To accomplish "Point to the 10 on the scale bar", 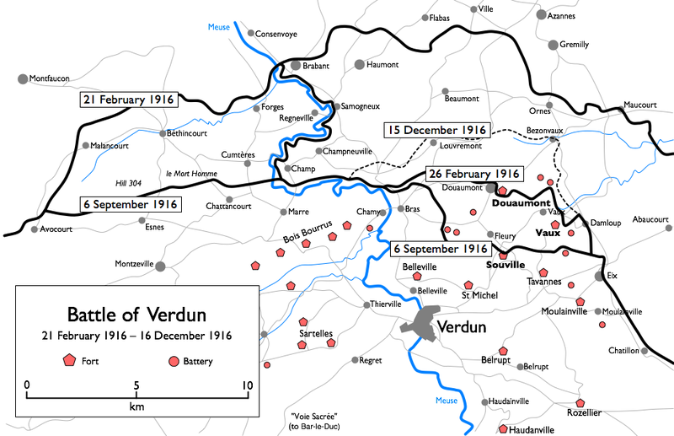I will [246, 385].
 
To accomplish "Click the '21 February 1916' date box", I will [127, 100].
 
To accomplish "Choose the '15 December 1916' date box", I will [436, 130].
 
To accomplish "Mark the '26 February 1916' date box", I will [474, 174].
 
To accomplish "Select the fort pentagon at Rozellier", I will [580, 403].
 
